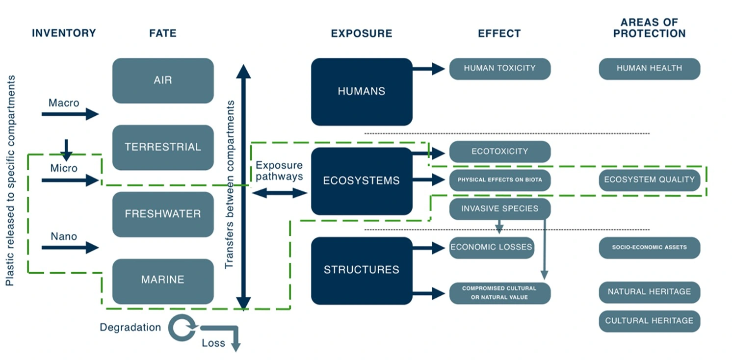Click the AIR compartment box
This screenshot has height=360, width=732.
point(163,80)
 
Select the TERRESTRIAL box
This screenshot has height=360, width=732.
point(163,147)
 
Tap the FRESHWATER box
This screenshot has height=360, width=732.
point(163,214)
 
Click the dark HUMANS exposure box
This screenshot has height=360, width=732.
point(362,92)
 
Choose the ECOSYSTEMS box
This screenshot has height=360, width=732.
point(362,181)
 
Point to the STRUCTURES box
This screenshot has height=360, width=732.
point(362,270)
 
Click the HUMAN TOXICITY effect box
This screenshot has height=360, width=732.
point(500,69)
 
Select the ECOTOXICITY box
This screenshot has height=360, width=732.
point(500,152)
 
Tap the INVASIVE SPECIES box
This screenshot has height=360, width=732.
point(500,209)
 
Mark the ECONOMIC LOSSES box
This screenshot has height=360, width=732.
point(492,248)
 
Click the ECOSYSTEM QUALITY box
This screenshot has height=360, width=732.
point(649,180)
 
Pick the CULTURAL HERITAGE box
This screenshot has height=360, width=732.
point(649,321)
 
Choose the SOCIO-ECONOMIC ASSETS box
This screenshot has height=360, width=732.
point(649,248)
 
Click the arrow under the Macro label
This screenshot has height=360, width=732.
point(70,114)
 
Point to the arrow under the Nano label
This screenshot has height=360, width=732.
point(70,248)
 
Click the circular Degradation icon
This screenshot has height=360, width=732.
point(181,328)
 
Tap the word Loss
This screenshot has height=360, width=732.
point(213,343)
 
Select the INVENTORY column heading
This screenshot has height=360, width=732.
point(64,33)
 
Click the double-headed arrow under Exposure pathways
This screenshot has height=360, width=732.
point(279,193)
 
